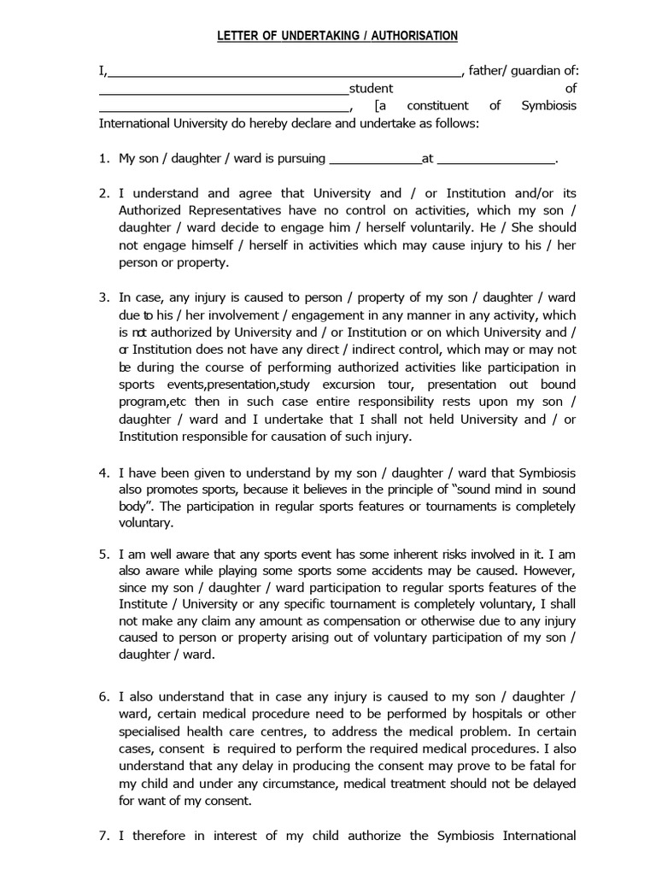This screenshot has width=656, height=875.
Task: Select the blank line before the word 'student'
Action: [224, 89]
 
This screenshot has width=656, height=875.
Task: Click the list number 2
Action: [104, 193]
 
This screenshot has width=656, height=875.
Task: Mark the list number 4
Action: [104, 472]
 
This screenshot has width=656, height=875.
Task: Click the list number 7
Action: [104, 836]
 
